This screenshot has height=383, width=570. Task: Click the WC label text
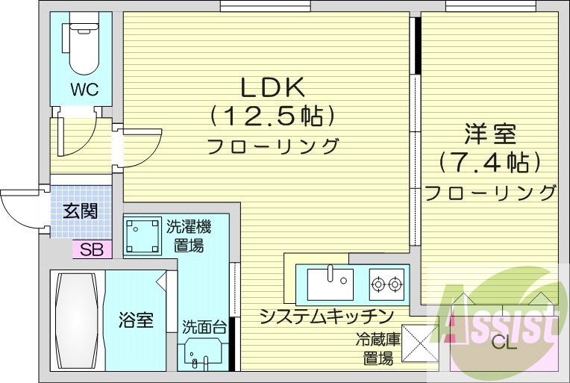click(x=84, y=90)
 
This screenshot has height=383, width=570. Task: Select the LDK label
click(x=272, y=88)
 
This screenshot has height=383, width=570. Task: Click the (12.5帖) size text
click(x=272, y=116)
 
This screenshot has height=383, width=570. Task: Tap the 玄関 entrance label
click(x=80, y=211)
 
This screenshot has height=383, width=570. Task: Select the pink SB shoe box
click(x=91, y=249)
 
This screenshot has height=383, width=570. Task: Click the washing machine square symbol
click(x=142, y=235)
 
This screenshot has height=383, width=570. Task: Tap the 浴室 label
click(x=136, y=321)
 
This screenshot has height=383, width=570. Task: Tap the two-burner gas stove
click(x=387, y=283)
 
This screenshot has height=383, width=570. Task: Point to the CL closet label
click(x=504, y=344)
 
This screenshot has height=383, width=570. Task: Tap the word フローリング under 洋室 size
click(x=490, y=192)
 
